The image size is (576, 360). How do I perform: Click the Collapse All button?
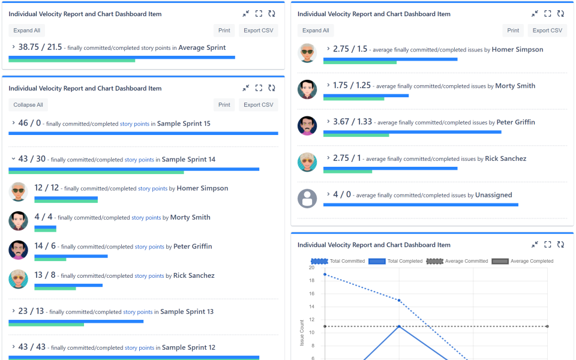coord(28,105)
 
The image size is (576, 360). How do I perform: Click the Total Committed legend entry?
coord(338,261)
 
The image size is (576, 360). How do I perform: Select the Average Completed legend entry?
coord(522,261)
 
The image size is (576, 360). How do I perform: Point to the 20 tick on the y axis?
coord(311,268)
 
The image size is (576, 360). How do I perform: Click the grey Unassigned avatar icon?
coord(307,198)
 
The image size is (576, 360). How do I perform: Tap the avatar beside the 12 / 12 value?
coord(19,192)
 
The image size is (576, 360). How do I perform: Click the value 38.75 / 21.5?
coord(40,47)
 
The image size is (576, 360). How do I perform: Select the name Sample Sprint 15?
coord(184,124)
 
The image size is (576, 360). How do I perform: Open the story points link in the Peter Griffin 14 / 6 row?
coord(149,247)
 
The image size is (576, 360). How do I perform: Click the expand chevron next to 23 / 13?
coord(13,311)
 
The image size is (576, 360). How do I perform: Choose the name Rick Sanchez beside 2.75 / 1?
coord(506,159)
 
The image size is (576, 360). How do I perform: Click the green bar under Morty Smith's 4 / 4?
coord(45,230)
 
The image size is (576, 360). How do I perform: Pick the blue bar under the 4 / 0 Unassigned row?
coord(420,205)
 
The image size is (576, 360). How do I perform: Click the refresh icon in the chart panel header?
coord(560,245)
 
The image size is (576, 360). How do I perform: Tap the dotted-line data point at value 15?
coord(399,301)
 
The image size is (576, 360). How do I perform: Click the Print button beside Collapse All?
coord(224,105)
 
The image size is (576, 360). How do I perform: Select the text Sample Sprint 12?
coord(188,347)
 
